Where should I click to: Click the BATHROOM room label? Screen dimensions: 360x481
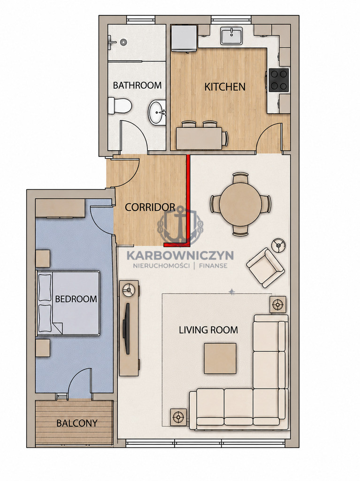137,85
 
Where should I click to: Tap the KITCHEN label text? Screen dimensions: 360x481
225,87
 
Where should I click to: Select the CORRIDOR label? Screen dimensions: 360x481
150,207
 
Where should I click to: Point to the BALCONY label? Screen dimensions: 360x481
77,423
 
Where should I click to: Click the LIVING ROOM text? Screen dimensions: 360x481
208,330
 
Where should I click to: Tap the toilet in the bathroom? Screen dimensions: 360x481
120,105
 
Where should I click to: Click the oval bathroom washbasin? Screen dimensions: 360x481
157,113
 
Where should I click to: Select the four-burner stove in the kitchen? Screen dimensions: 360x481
279,80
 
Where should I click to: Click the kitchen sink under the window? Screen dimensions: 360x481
231,36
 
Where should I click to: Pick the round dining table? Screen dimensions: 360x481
240,204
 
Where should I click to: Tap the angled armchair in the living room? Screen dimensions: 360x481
266,267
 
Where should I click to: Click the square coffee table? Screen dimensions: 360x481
220,358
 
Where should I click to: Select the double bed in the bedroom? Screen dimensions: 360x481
69,303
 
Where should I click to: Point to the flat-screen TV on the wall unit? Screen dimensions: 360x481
126,328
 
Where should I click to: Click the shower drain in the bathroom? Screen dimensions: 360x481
123,42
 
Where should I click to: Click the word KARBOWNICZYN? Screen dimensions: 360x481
180,255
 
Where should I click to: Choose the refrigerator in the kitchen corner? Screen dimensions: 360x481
184,38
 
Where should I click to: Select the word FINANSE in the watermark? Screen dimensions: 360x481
213,266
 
